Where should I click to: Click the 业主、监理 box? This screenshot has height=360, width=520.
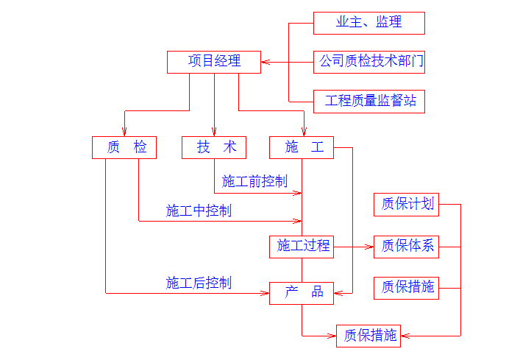click(368, 23)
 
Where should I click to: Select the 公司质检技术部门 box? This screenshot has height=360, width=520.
click(368, 62)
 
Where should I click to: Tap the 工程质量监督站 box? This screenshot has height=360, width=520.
click(368, 101)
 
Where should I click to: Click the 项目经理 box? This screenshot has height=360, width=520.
click(214, 62)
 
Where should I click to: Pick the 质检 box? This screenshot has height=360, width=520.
click(124, 147)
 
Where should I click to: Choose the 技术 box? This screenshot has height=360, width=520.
click(214, 147)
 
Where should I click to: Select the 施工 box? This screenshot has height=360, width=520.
click(302, 147)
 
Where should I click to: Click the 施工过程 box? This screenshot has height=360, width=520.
click(302, 246)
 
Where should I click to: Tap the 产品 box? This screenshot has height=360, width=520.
click(302, 292)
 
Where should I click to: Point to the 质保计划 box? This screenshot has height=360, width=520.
click(407, 204)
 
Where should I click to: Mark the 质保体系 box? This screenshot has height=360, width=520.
click(407, 246)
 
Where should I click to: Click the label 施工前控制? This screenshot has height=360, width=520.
click(254, 181)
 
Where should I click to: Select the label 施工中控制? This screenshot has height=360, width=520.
click(199, 211)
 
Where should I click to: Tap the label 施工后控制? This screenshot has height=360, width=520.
click(199, 282)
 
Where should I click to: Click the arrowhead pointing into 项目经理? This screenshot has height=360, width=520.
click(266, 62)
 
